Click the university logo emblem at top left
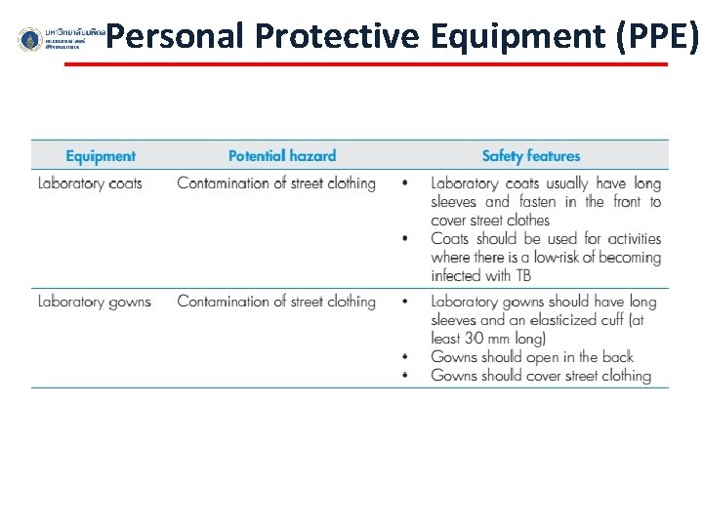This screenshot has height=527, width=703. (x=30, y=40)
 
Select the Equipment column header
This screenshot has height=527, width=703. (x=101, y=156)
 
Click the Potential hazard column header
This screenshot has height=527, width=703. (x=281, y=156)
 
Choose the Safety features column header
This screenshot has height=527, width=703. (x=530, y=156)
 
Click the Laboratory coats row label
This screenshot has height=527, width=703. (x=90, y=183)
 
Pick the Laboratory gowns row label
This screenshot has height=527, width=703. (x=94, y=302)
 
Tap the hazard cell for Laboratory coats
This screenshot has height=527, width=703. (x=276, y=183)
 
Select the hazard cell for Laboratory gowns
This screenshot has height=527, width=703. (x=276, y=302)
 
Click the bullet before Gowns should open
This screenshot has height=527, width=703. (x=405, y=357)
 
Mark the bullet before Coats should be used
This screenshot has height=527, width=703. (x=405, y=239)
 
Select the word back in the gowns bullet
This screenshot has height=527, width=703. (x=617, y=357)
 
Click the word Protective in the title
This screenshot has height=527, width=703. (x=337, y=36)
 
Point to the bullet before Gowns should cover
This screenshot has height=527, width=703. (x=405, y=376)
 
